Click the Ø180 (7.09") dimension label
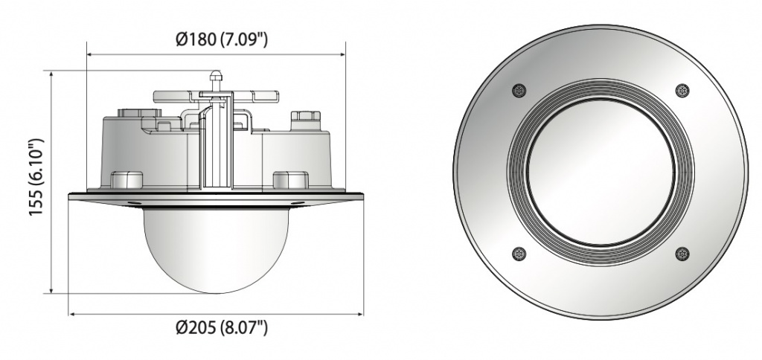pos(222,39)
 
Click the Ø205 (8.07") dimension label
pos(222,328)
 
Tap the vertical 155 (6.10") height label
pos(36,177)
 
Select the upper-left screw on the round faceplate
pos(519,90)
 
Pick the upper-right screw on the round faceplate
pos(682,90)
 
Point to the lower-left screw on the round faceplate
pos(519,254)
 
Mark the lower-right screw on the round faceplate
pos(682,254)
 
